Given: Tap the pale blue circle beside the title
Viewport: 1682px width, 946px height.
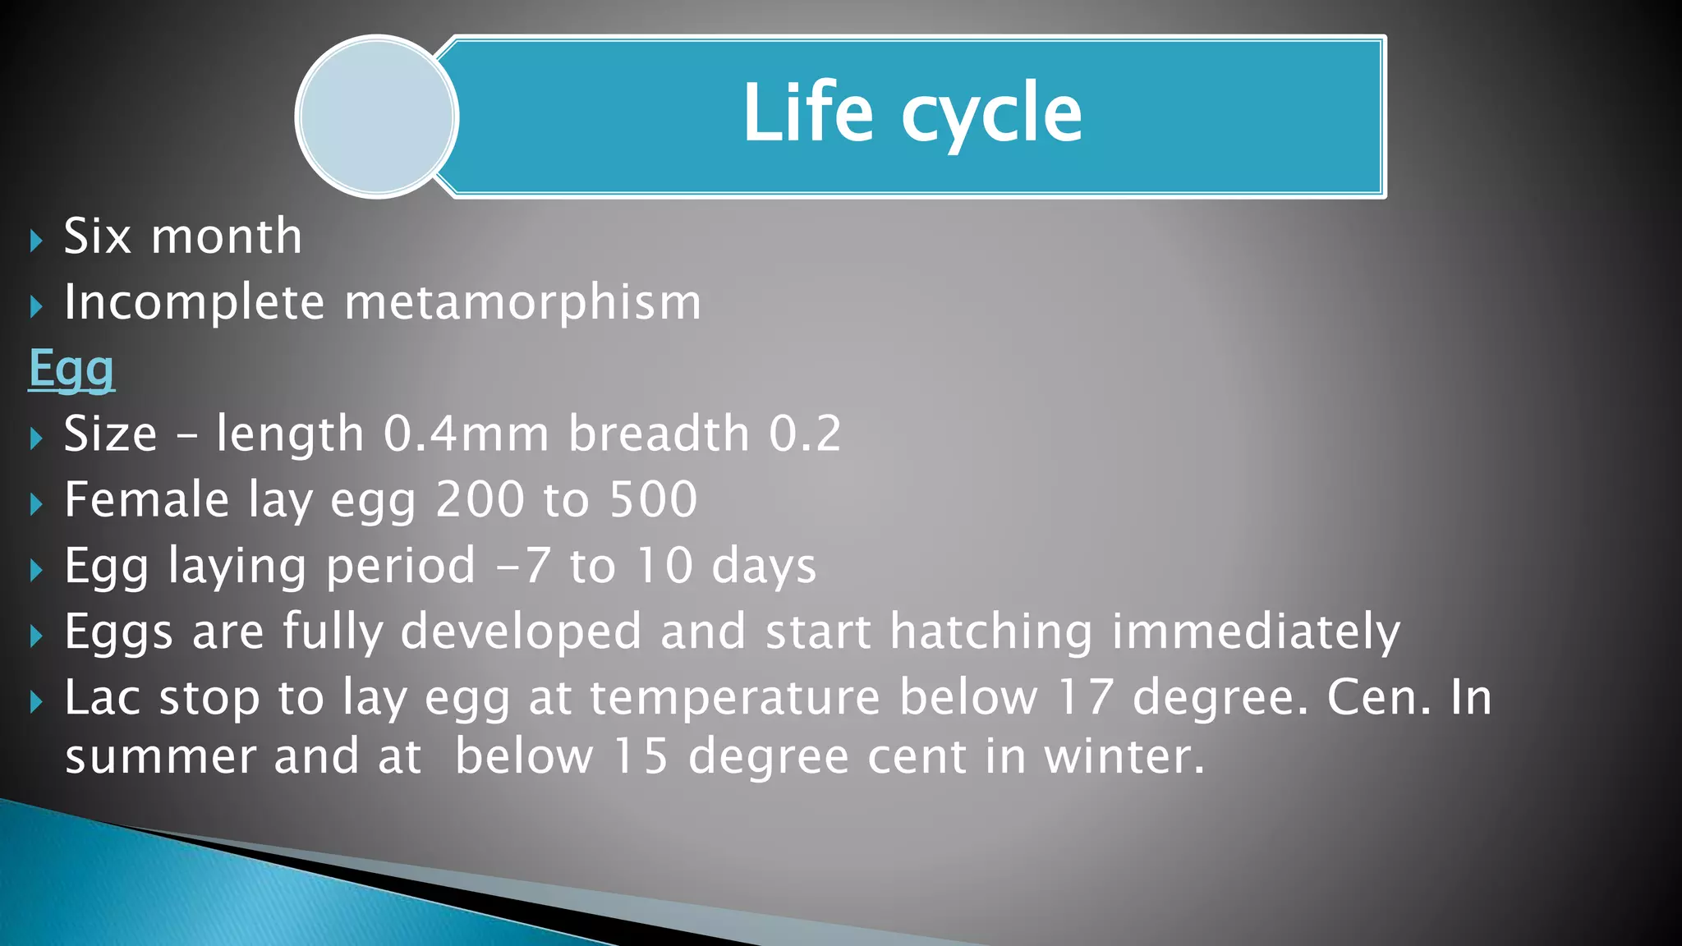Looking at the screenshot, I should (377, 117).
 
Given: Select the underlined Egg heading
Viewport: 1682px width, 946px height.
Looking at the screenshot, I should (71, 369).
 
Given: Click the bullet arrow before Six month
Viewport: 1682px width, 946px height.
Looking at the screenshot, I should (35, 241).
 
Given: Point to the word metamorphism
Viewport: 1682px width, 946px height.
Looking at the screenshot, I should (523, 303).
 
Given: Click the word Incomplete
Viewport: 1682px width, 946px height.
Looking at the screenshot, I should (195, 303).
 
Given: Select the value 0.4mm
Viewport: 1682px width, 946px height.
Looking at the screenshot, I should (466, 434).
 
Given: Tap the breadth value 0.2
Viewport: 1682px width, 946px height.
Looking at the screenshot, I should (805, 434).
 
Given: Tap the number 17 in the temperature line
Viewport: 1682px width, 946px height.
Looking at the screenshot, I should (1085, 698).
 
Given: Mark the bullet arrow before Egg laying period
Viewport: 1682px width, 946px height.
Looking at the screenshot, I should (35, 570).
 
